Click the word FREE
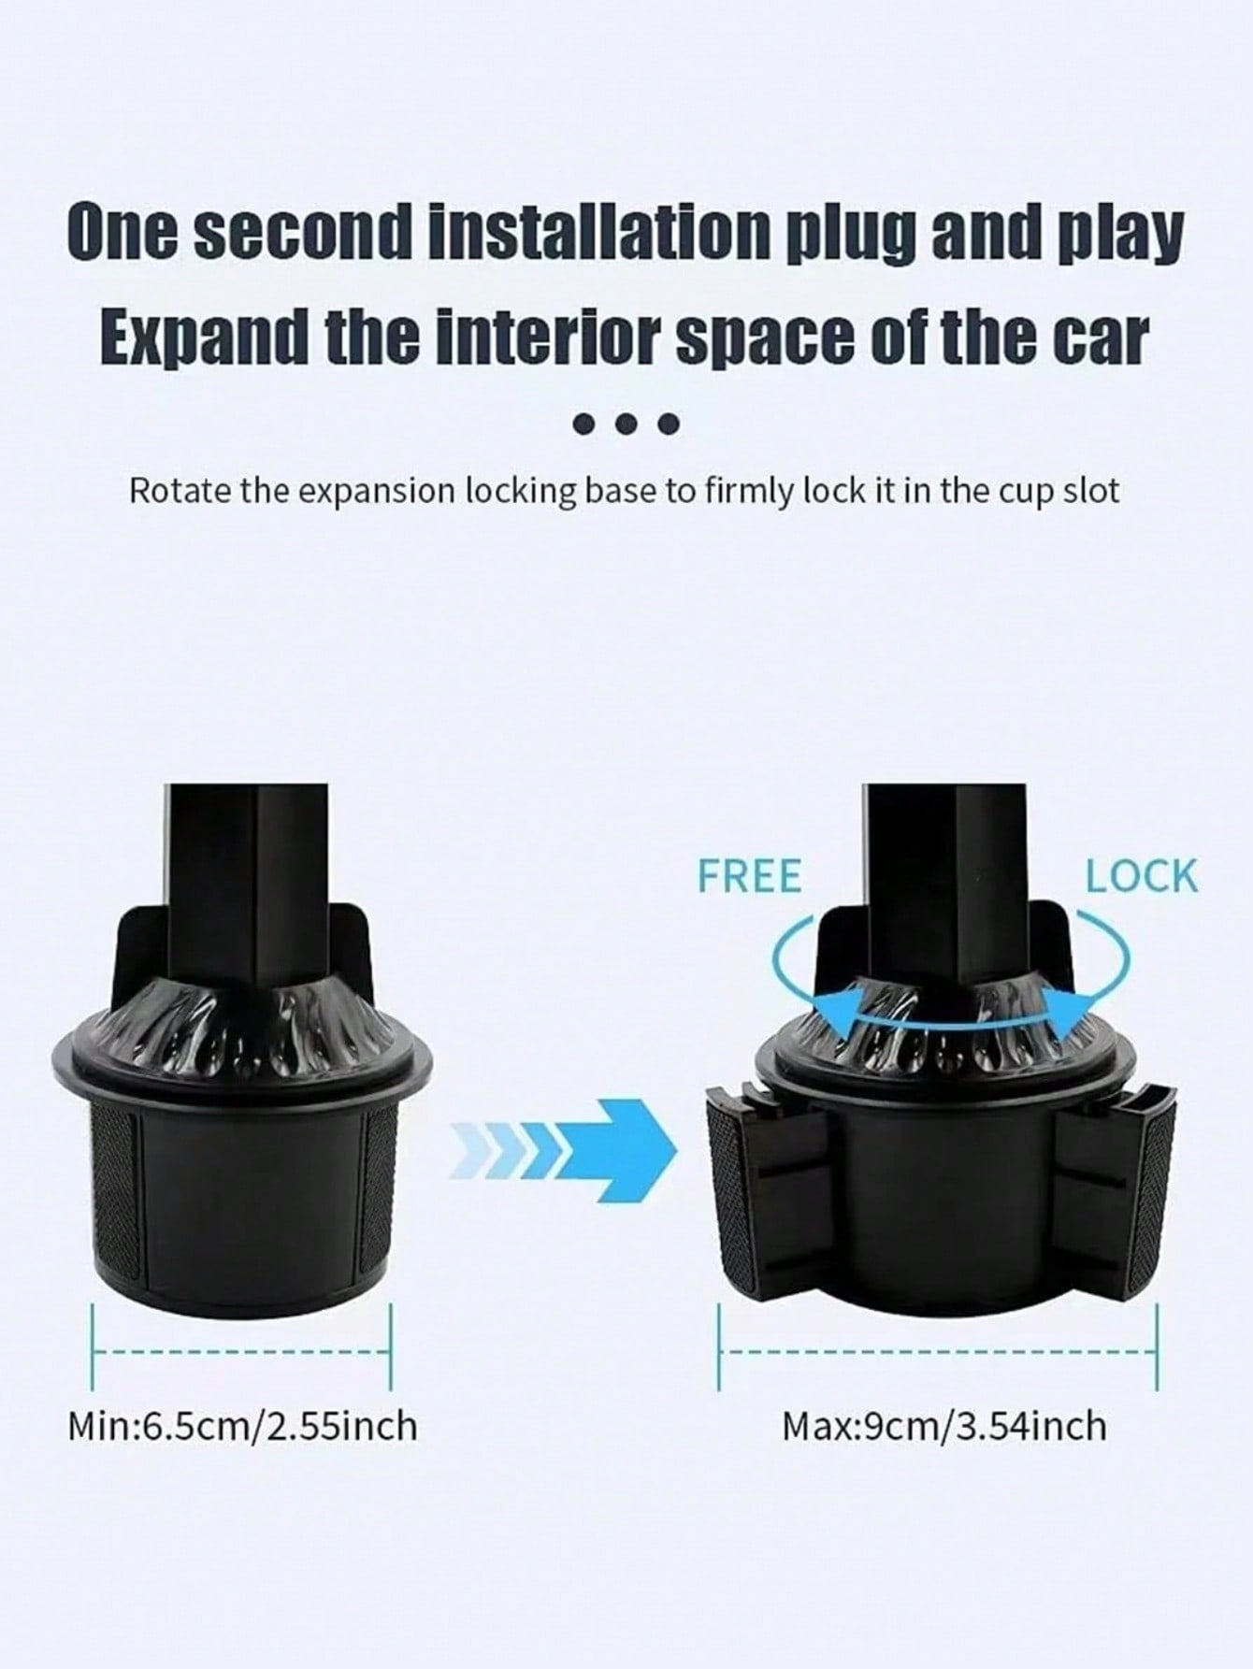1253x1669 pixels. coord(750,876)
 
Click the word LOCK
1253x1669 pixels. coord(1141,876)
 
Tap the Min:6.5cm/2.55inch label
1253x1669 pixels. coord(242,1427)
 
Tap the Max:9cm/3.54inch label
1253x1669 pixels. coord(944,1427)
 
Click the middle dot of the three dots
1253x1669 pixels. coord(626,425)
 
